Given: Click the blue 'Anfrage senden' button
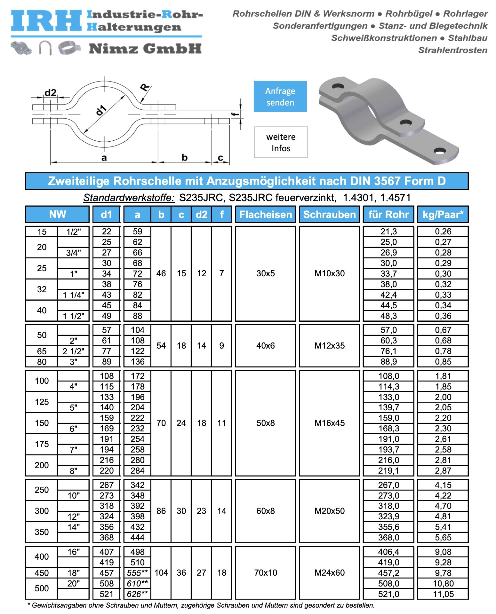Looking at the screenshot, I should (280, 96).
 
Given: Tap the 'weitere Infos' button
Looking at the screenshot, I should (281, 142).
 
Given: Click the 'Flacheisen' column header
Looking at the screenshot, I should (265, 214).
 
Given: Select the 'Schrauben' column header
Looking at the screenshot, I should (329, 214).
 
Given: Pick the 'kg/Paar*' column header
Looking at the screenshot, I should (443, 214).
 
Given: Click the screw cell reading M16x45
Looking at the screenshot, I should (329, 423).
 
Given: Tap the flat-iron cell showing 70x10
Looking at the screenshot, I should (265, 572).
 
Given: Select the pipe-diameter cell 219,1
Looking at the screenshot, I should (388, 471).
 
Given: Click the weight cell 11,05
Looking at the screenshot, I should (443, 594).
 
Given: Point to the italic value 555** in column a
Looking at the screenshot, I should (137, 573).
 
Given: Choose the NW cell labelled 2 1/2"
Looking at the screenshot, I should (73, 351).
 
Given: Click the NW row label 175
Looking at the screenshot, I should (42, 444).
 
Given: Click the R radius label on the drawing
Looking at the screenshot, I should (145, 87).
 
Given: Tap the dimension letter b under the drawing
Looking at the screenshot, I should (184, 157).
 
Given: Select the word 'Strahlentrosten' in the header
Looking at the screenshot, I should (452, 50).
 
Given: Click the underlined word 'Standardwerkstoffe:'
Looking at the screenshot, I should (129, 198).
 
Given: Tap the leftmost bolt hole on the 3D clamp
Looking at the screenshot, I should (338, 86).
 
